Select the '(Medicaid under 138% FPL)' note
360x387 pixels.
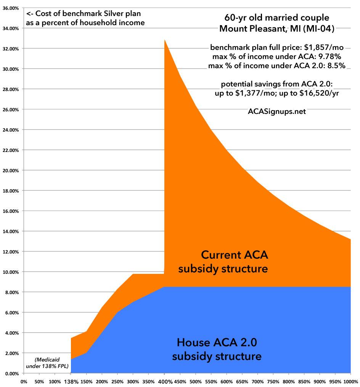[45, 363]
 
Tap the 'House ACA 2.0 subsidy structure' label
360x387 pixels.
[217, 349]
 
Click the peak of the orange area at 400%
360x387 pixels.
[164, 40]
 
